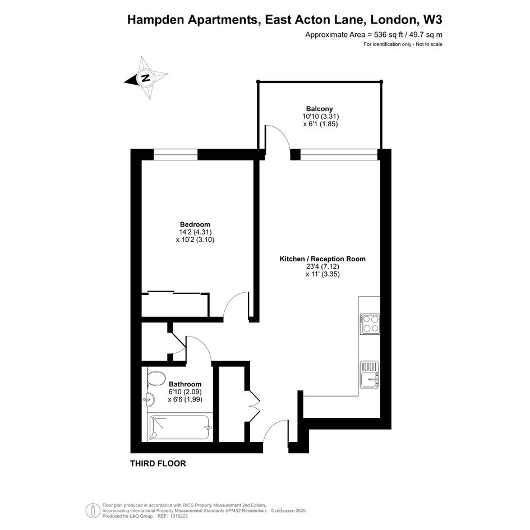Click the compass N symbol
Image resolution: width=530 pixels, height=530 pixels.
pos(146,78)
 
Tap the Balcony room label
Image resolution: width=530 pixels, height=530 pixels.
pos(320,109)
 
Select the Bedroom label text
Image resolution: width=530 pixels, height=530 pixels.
pos(195,224)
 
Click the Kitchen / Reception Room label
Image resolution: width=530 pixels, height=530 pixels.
pos(322,259)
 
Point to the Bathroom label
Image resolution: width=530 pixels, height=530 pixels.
pos(185,384)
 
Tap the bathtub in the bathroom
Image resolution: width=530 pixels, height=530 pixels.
pos(179,427)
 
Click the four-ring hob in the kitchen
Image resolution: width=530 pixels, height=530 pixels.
pos(370,324)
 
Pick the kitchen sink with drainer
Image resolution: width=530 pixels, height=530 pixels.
pos(370,375)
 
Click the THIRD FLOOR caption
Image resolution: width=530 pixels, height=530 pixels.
pos(158,463)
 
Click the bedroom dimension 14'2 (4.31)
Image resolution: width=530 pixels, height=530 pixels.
pos(195,232)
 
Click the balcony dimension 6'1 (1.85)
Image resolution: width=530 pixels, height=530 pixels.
pos(320,124)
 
